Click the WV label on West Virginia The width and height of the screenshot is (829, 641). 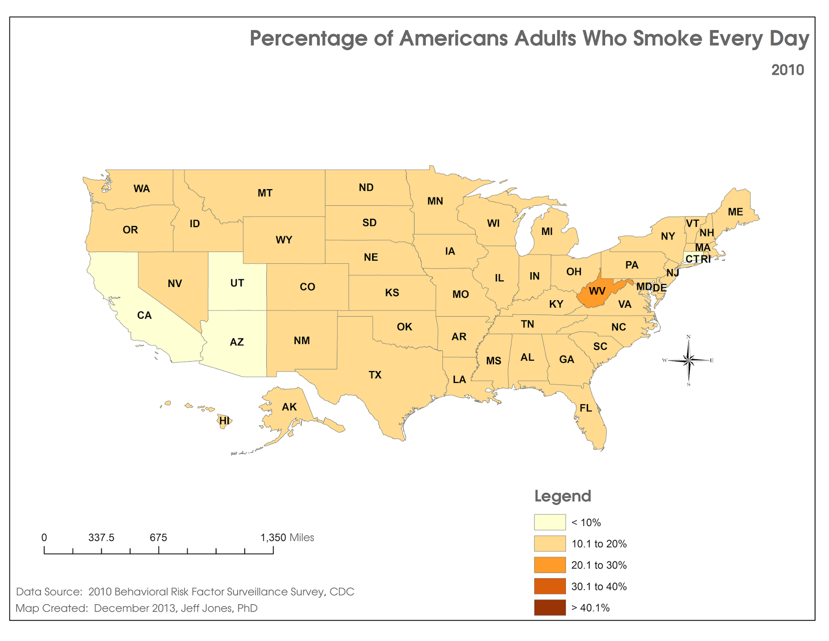click(x=597, y=291)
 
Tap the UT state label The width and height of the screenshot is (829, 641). click(x=237, y=283)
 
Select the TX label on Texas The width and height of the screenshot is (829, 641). click(x=375, y=375)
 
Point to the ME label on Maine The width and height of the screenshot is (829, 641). click(x=735, y=212)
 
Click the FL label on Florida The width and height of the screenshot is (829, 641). click(x=585, y=408)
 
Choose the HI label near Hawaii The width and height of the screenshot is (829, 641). click(x=224, y=421)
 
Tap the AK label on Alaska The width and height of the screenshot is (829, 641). click(x=289, y=407)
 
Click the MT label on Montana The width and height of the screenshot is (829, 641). click(x=265, y=193)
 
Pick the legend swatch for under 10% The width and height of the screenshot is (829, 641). click(x=550, y=522)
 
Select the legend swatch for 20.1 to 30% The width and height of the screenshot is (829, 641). click(x=550, y=565)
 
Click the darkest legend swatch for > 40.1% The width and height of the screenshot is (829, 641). click(x=550, y=607)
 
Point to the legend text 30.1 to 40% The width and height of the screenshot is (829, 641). click(x=599, y=587)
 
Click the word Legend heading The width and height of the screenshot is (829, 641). click(x=563, y=496)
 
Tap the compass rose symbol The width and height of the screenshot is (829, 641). click(x=689, y=360)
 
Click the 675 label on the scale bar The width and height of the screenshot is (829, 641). click(x=159, y=537)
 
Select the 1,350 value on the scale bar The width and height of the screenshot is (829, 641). click(x=273, y=537)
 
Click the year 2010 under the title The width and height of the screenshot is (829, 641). click(x=788, y=70)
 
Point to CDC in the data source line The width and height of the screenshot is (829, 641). click(x=342, y=592)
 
